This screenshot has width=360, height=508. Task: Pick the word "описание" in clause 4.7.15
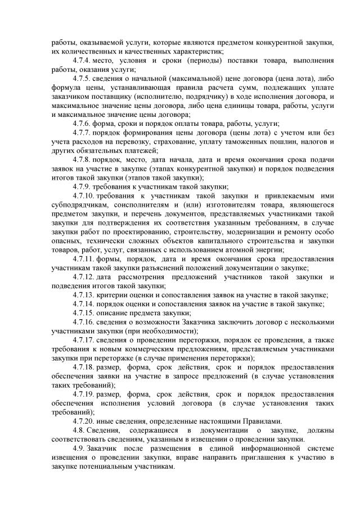coord(114,313)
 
